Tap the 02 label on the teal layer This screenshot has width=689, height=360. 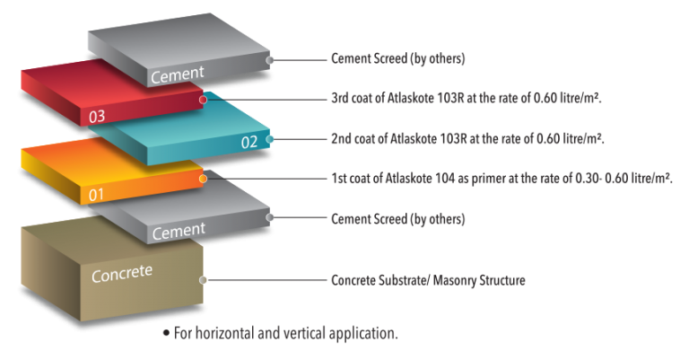[x=249, y=142]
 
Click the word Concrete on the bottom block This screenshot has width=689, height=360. [x=122, y=274]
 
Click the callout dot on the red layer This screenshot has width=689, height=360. [x=205, y=100]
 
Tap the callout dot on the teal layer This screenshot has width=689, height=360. [x=270, y=139]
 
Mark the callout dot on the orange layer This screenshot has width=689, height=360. [x=205, y=179]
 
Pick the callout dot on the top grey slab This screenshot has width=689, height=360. [x=270, y=60]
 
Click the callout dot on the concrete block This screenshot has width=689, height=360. [x=205, y=280]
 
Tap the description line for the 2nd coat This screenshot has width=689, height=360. [x=467, y=139]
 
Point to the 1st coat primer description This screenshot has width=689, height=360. [x=501, y=179]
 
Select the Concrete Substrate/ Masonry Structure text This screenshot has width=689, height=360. [x=428, y=280]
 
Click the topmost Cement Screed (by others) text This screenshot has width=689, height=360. [x=397, y=60]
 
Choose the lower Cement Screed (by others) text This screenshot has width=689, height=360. [x=397, y=218]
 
